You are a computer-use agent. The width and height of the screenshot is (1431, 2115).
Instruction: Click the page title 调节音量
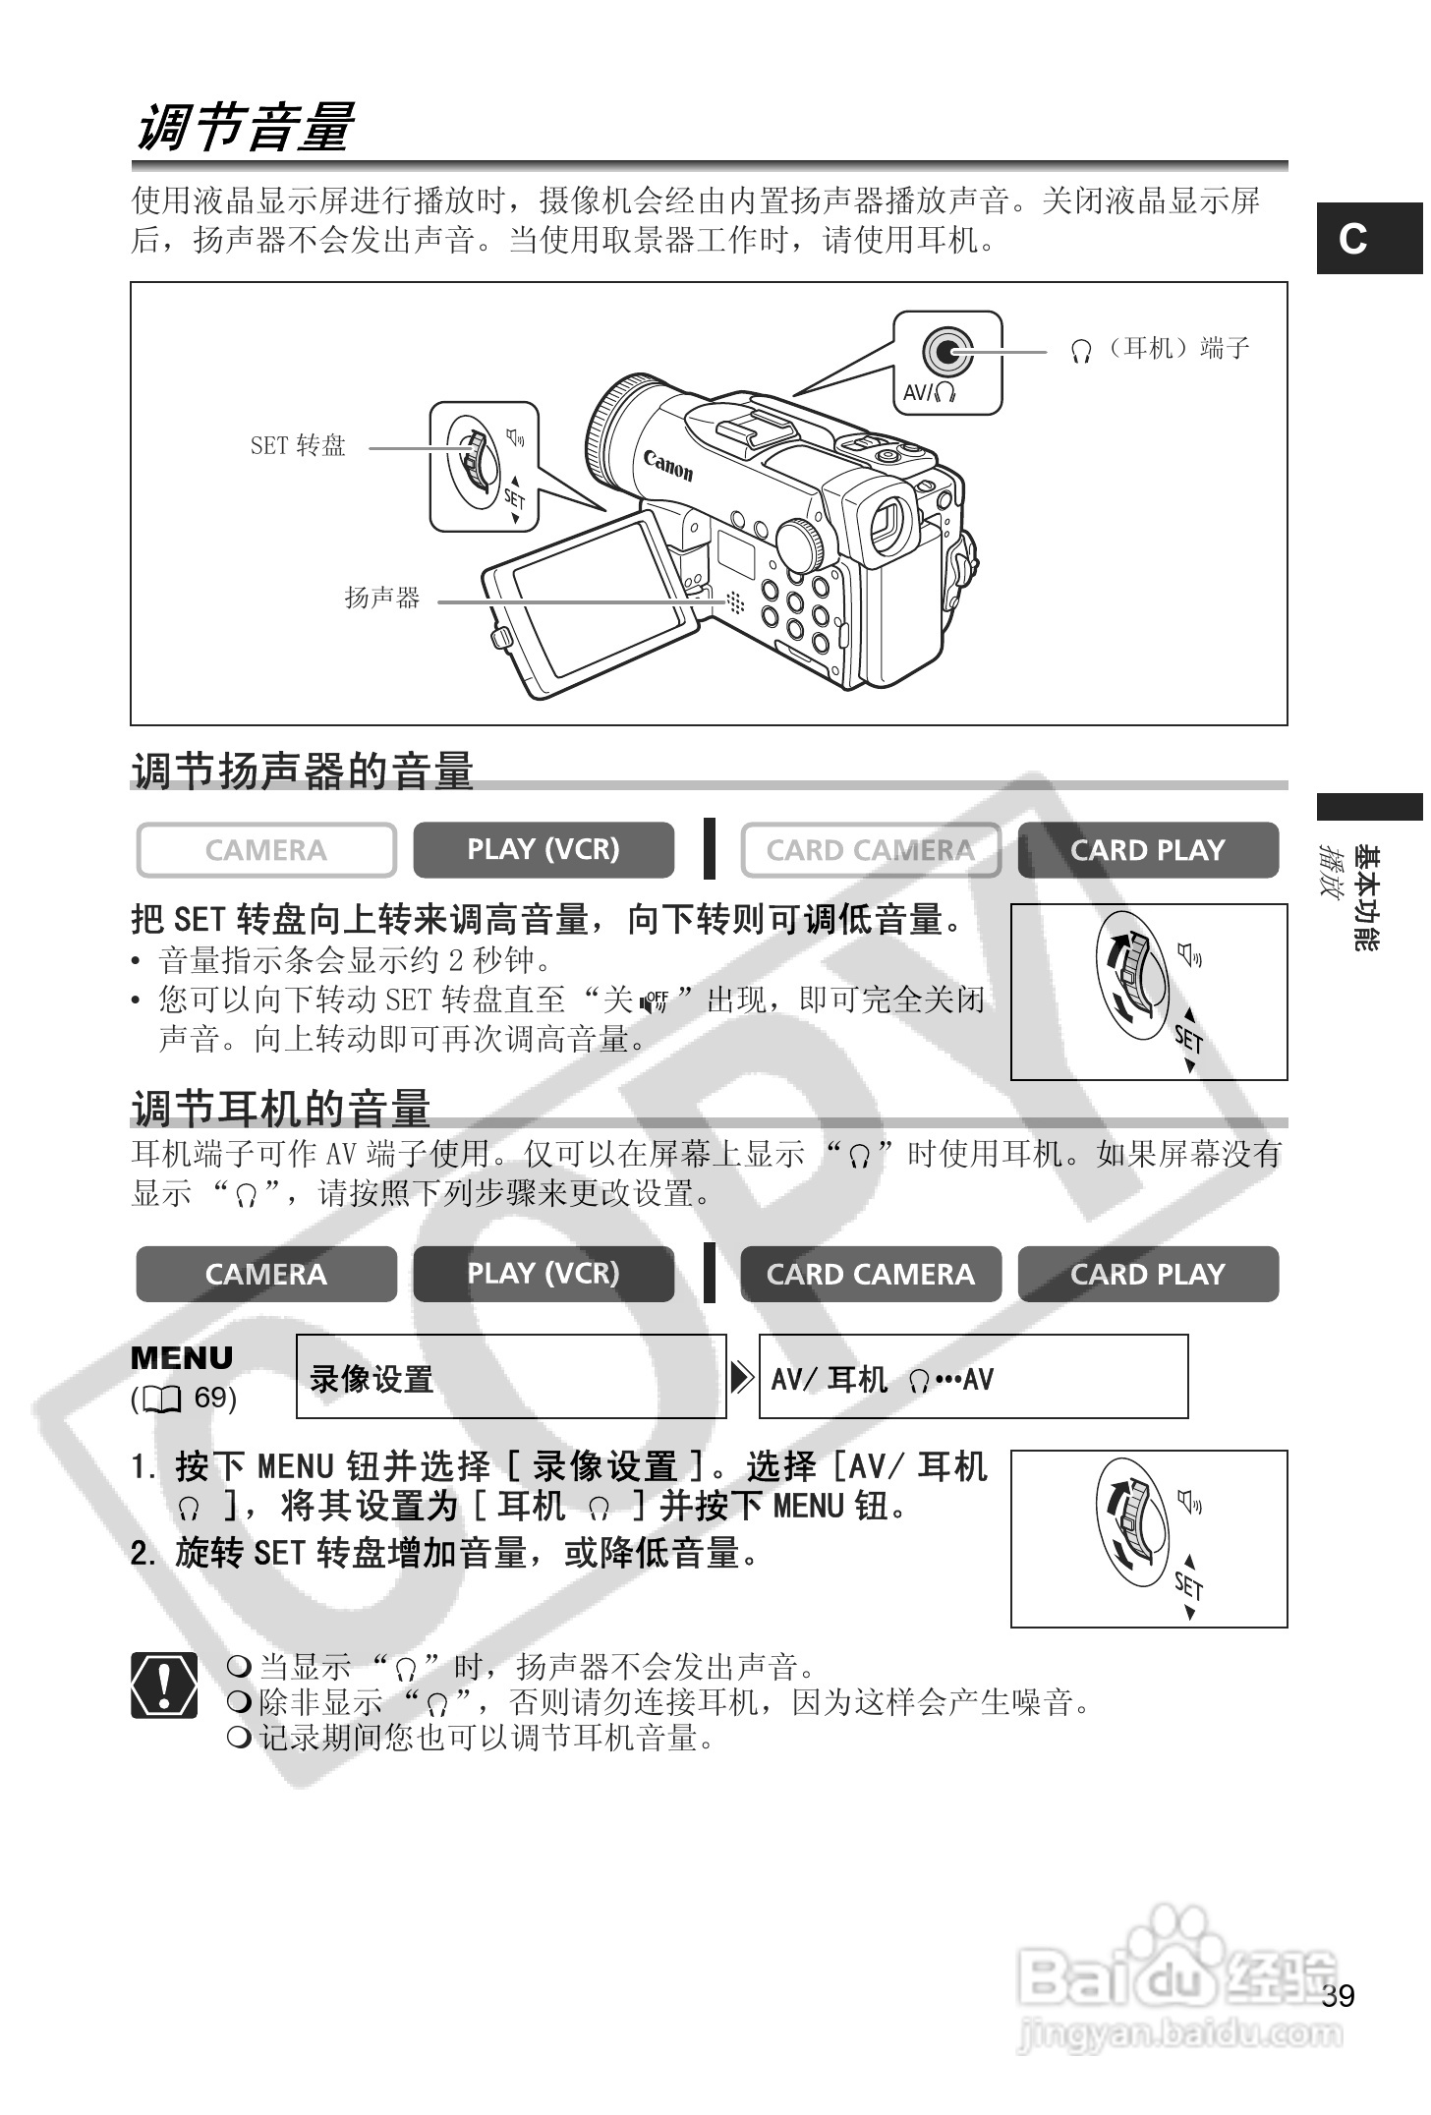[x=243, y=127]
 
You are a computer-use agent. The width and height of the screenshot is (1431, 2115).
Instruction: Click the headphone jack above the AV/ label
[x=947, y=351]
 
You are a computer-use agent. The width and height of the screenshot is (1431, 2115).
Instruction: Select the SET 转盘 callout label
[x=298, y=446]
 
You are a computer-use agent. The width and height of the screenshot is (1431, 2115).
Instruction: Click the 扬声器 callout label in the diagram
[x=381, y=598]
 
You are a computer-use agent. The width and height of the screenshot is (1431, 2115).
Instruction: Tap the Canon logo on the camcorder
[x=667, y=465]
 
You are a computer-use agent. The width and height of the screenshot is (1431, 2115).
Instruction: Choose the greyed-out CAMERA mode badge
[x=266, y=850]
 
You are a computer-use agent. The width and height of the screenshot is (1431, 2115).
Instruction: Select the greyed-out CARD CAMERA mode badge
[x=870, y=850]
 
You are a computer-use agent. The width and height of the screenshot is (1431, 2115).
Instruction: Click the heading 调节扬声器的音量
[x=303, y=771]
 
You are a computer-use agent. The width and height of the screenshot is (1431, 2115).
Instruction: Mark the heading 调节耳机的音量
[x=281, y=1108]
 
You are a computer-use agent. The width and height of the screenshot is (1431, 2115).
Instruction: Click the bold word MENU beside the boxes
[x=182, y=1358]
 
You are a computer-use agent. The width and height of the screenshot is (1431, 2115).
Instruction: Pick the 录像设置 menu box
[x=510, y=1377]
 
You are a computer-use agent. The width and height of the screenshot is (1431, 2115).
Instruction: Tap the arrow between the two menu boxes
[x=743, y=1377]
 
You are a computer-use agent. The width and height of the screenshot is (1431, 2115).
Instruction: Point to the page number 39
[x=1338, y=1996]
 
